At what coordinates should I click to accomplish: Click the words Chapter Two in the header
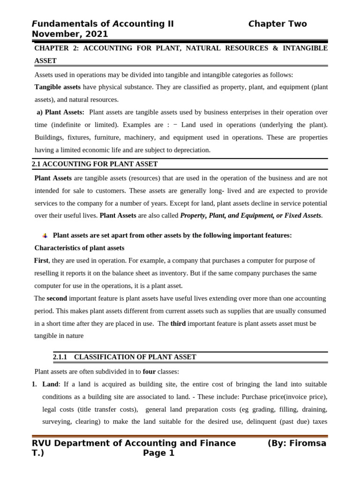point(277,24)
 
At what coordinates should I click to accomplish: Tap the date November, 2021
point(70,34)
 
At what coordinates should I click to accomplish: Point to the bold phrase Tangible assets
point(57,87)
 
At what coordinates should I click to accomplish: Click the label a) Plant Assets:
point(60,112)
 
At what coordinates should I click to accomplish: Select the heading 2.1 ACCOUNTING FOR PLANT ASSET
point(95,164)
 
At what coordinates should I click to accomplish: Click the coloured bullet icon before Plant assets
point(45,236)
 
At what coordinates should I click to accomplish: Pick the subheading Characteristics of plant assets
point(79,248)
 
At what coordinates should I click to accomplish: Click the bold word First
point(41,261)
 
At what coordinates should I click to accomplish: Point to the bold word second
point(57,299)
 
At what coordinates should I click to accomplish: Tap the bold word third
point(178,323)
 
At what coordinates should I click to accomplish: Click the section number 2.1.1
point(60,357)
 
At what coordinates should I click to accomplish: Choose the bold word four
point(149,372)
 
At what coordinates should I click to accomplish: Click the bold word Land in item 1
point(50,384)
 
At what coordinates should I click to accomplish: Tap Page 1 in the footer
point(158,453)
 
